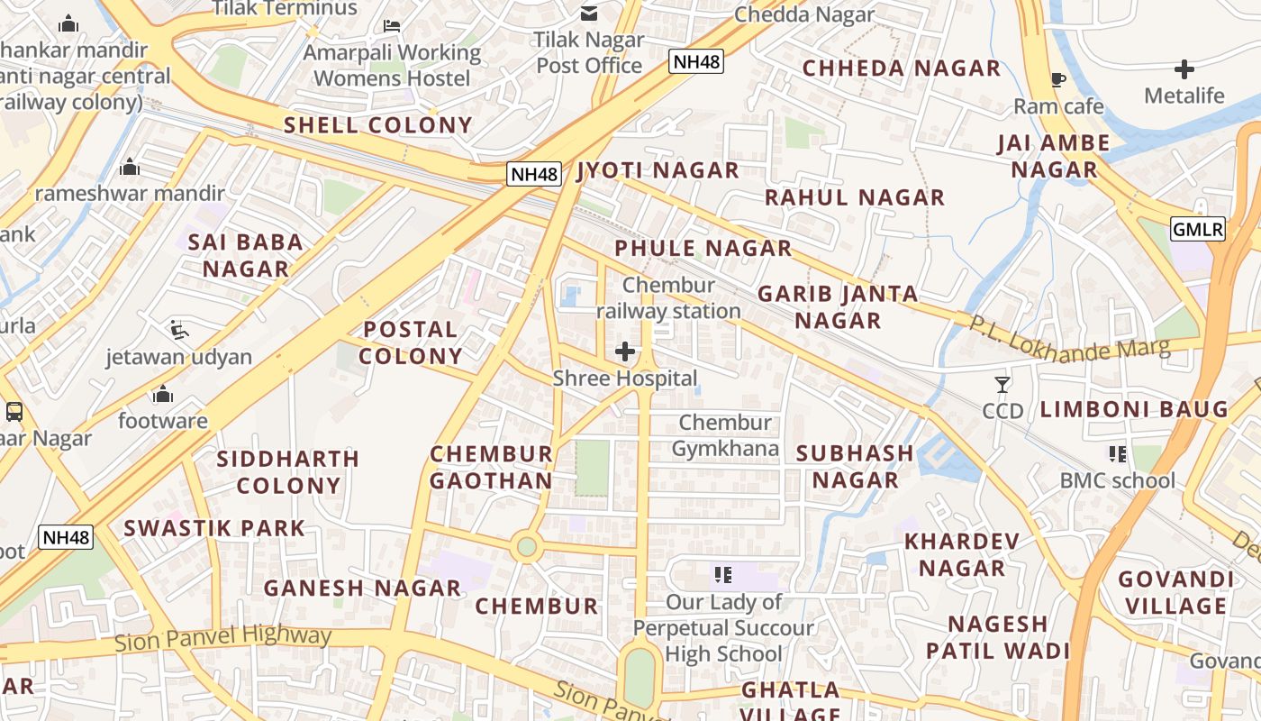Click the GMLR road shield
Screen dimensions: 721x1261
click(x=1198, y=229)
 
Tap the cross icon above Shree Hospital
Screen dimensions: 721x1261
click(x=624, y=351)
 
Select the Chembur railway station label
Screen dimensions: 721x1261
click(x=668, y=298)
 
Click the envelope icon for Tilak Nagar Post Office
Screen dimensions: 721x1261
click(x=589, y=14)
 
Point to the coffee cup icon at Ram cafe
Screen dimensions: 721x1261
click(x=1058, y=80)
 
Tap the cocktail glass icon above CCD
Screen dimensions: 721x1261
click(x=1002, y=385)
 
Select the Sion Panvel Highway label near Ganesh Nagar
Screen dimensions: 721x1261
click(x=223, y=639)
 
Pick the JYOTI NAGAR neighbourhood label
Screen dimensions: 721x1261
click(x=658, y=170)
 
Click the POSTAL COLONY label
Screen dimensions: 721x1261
click(x=411, y=342)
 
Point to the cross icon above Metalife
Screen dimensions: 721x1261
click(x=1184, y=68)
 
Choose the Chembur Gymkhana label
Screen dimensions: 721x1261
click(x=725, y=435)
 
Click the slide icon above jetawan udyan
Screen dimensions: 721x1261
click(x=178, y=330)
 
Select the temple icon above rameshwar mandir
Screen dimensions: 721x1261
click(x=130, y=167)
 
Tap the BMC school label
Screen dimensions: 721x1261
click(x=1117, y=480)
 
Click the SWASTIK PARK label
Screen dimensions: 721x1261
click(x=214, y=528)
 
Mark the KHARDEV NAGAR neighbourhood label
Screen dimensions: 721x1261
click(x=961, y=554)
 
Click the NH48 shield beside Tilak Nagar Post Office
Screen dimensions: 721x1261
click(x=696, y=61)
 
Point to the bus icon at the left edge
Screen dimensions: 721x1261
click(x=14, y=412)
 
